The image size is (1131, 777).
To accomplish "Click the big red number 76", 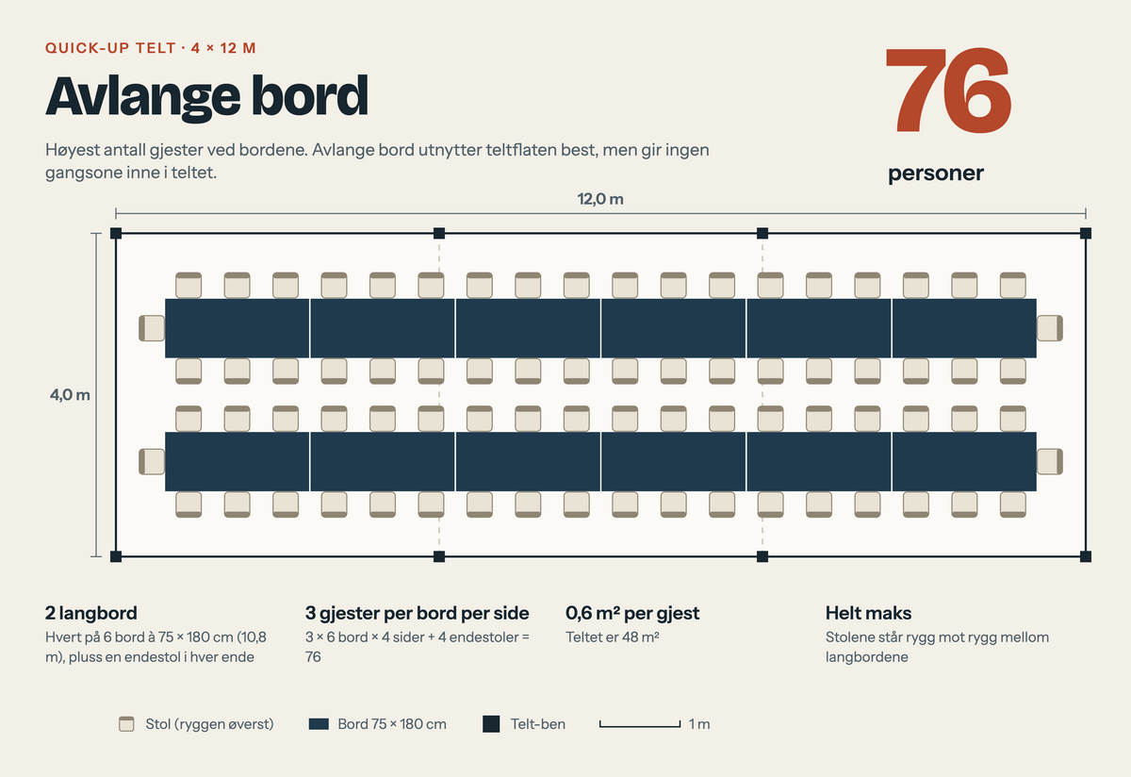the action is pyautogui.click(x=948, y=90).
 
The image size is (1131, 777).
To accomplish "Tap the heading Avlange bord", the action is pyautogui.click(x=206, y=97).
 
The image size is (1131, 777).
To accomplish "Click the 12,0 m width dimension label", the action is pyautogui.click(x=600, y=199).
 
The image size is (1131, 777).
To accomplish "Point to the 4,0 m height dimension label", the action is pyautogui.click(x=70, y=394).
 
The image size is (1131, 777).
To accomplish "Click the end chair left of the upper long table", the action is pyautogui.click(x=152, y=328).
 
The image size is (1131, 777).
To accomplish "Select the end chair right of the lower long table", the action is pyautogui.click(x=1050, y=462).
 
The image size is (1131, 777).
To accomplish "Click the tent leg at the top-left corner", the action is pyautogui.click(x=116, y=233).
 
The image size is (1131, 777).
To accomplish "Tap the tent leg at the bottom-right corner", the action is pyautogui.click(x=1086, y=556).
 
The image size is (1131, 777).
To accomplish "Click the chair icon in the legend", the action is pyautogui.click(x=126, y=724).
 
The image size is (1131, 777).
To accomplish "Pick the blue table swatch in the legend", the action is pyautogui.click(x=319, y=724).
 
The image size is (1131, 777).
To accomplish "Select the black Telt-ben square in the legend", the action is pyautogui.click(x=491, y=724).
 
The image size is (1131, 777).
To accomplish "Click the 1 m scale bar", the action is pyautogui.click(x=640, y=725).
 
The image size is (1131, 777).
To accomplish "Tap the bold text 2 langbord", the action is pyautogui.click(x=90, y=613).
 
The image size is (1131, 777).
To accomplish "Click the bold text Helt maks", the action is pyautogui.click(x=868, y=613).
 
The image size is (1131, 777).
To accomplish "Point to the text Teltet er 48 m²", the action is pyautogui.click(x=613, y=637).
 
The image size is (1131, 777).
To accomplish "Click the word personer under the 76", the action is pyautogui.click(x=936, y=174).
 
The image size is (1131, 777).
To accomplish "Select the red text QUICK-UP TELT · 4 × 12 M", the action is pyautogui.click(x=151, y=48).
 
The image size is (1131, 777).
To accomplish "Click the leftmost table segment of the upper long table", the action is pyautogui.click(x=237, y=328).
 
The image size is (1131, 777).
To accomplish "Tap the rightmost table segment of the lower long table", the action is pyautogui.click(x=964, y=462).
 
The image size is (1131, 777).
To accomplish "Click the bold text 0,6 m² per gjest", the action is pyautogui.click(x=632, y=613).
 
